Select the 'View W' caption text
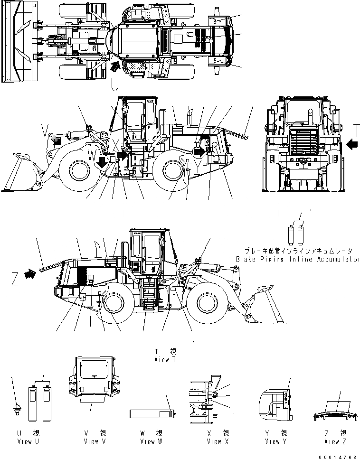[x=151, y=441]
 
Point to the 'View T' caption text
[x=165, y=359]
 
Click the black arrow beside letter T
[x=352, y=143]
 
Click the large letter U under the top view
[x=114, y=84]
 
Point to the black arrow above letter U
[x=114, y=66]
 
